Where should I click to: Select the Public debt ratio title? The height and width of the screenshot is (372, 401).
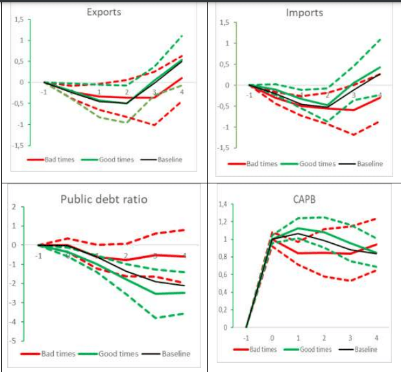point(104,199)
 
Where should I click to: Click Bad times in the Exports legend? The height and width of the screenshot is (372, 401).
point(60,159)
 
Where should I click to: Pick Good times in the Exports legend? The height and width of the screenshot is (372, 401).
point(116,159)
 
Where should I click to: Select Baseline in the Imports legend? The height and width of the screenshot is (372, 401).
point(370,163)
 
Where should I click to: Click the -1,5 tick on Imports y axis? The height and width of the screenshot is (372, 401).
point(223,148)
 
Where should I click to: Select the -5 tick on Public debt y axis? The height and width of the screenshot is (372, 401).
point(12,341)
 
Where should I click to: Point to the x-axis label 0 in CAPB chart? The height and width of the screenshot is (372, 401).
point(273,338)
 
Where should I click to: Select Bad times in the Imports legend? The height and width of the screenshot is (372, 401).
point(262,163)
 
